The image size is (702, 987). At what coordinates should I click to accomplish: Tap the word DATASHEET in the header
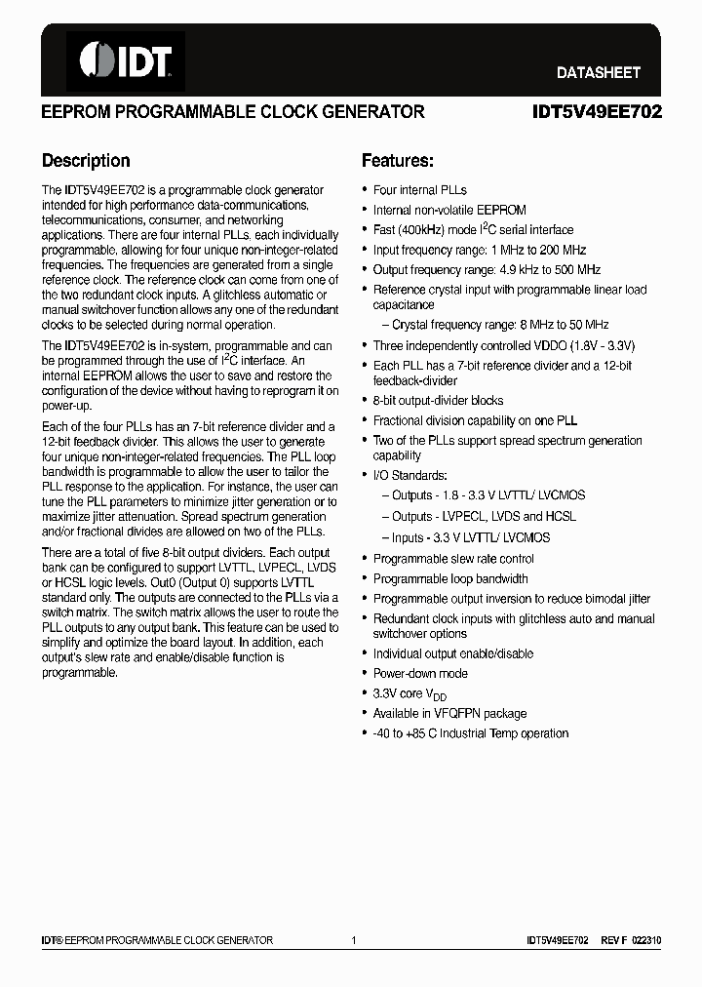click(x=598, y=72)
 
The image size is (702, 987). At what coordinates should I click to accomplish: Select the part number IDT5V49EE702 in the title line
click(x=597, y=112)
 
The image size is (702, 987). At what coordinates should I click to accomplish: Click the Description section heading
click(x=86, y=161)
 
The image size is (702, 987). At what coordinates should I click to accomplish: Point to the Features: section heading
click(x=398, y=161)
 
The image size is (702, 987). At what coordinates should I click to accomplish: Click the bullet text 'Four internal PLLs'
click(x=420, y=190)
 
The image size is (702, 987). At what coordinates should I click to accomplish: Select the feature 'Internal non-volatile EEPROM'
click(x=449, y=210)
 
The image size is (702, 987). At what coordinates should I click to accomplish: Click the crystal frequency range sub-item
click(x=500, y=325)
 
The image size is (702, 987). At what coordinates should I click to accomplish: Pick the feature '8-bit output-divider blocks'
click(x=439, y=400)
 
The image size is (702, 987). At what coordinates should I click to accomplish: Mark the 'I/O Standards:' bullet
click(x=410, y=475)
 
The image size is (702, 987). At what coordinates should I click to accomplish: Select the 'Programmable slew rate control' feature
click(x=453, y=559)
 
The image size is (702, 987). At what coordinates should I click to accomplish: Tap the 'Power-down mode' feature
click(x=420, y=674)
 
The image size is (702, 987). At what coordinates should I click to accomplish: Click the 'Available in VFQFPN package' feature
click(x=449, y=714)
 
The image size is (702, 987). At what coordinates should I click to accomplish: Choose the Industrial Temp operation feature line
click(x=471, y=733)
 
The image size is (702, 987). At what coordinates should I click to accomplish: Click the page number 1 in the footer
click(x=354, y=940)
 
